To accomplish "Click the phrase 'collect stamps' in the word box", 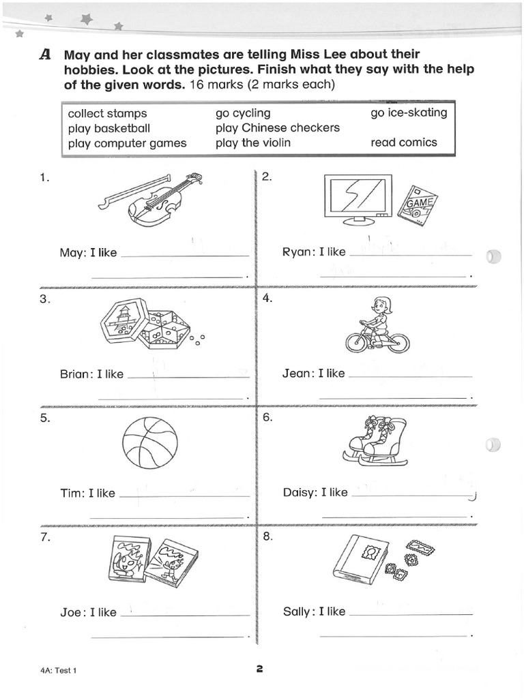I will (107, 113).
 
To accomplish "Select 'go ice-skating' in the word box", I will (409, 112).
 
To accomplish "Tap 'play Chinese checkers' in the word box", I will (277, 127).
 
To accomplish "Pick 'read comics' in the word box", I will (404, 142).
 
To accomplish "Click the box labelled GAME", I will (418, 205).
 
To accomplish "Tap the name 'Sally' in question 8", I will (297, 611).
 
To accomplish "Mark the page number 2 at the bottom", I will (259, 669).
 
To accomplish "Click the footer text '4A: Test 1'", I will (59, 670).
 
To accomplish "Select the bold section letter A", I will (46, 55).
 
